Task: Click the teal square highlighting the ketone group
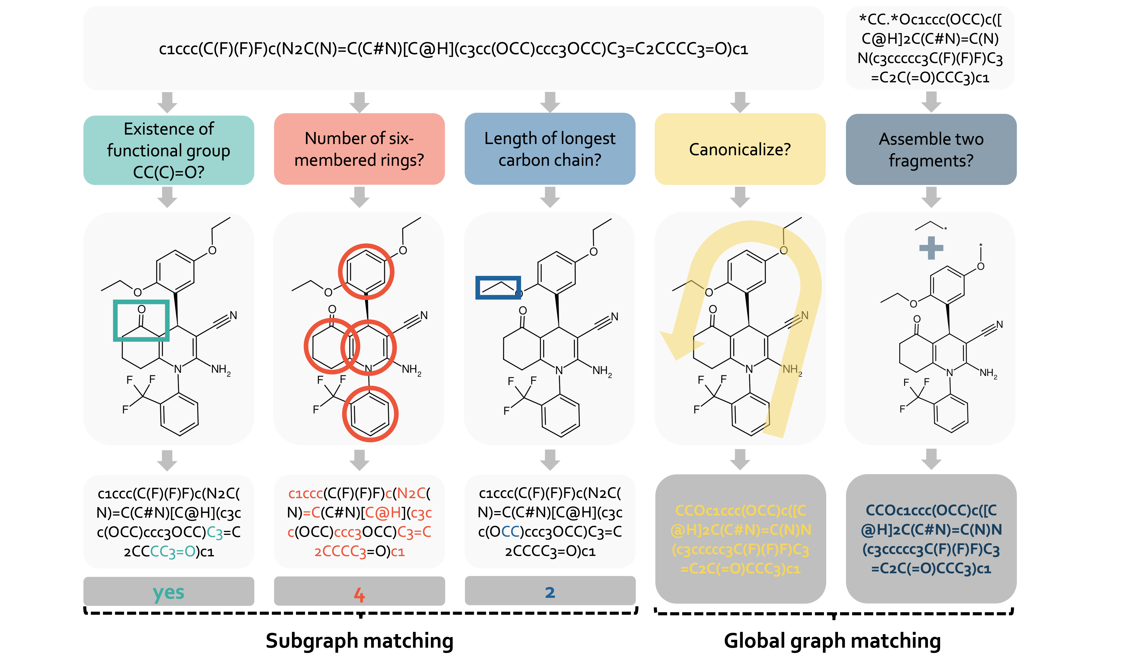(x=141, y=320)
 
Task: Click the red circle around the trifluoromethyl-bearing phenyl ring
(x=370, y=414)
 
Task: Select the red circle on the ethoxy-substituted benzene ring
(x=366, y=271)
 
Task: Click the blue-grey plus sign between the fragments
(x=931, y=248)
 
